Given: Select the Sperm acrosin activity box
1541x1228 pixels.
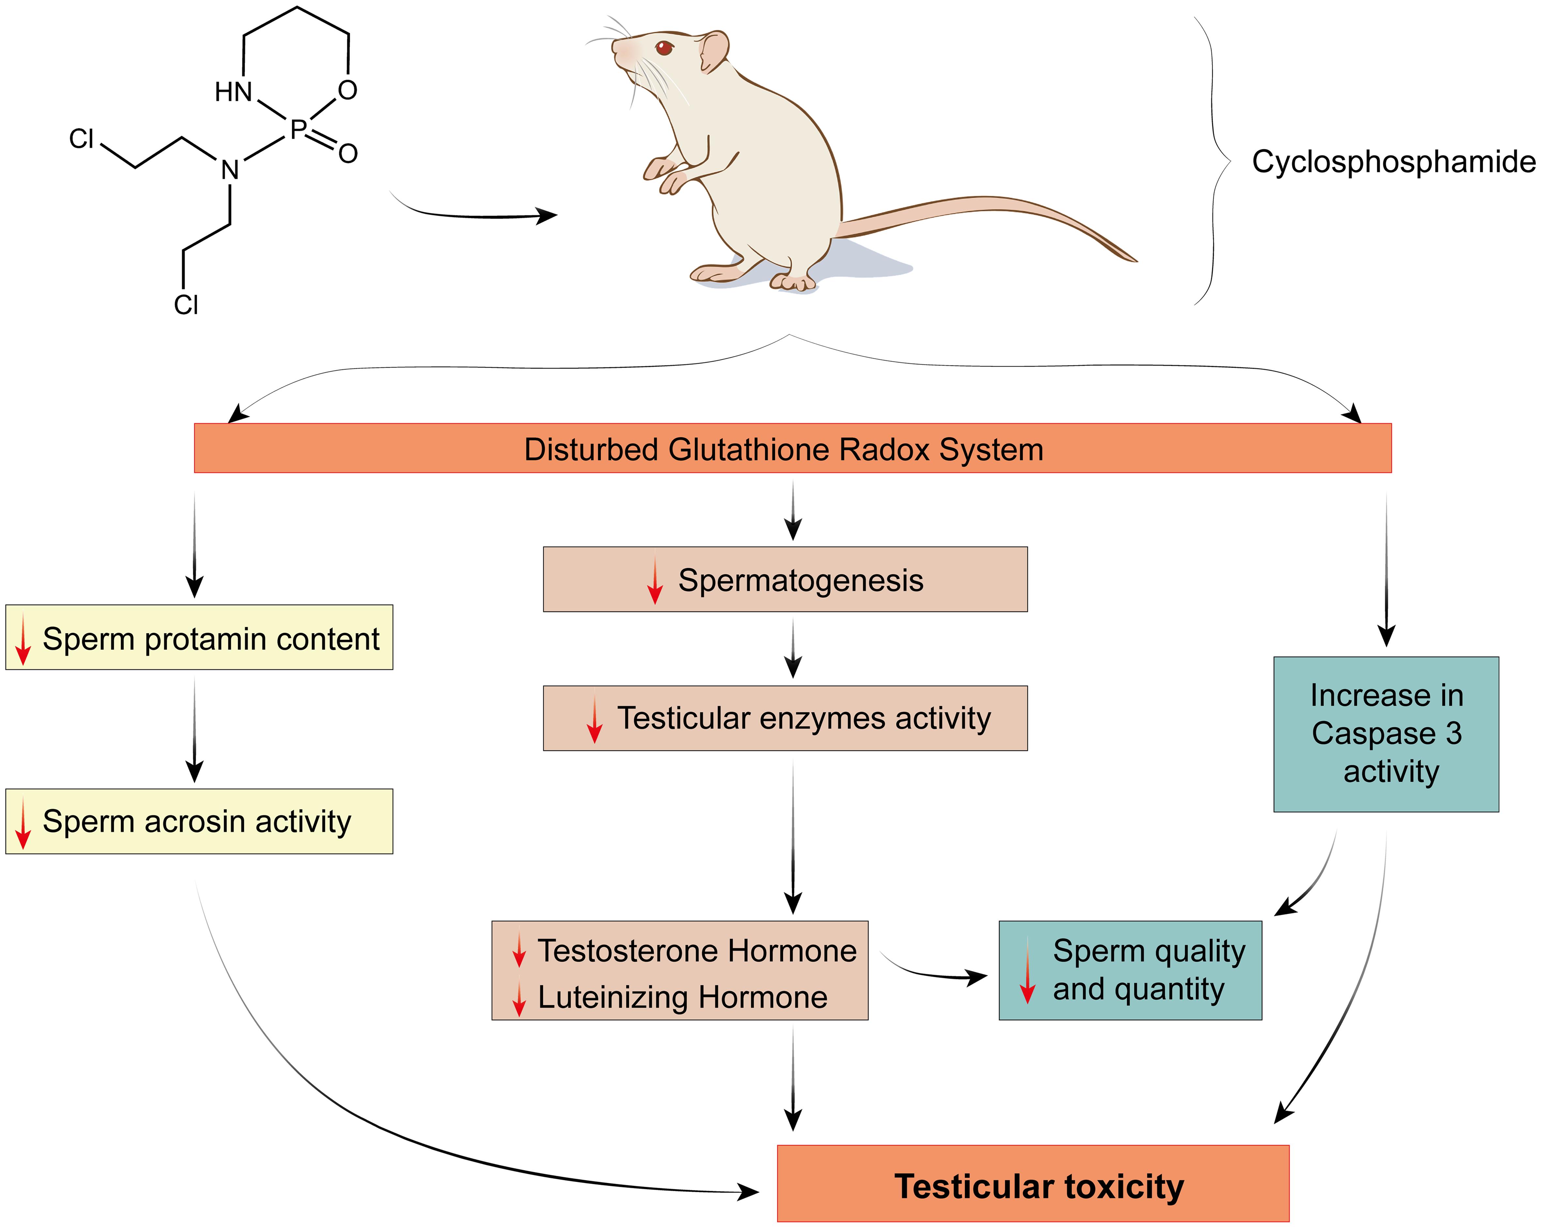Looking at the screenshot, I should tap(199, 821).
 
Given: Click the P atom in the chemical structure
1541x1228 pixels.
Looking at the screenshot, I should tap(298, 130).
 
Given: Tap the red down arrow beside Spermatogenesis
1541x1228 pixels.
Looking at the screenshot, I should tap(655, 583).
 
